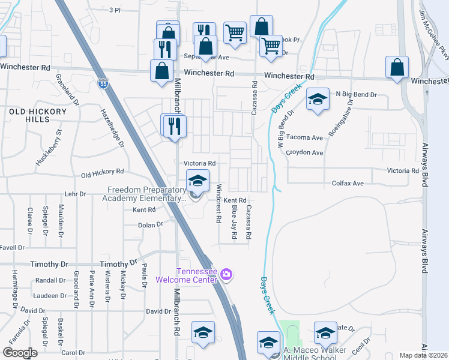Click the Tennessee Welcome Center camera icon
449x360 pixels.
point(226,275)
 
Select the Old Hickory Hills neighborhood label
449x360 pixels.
point(37,115)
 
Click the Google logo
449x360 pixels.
point(20,353)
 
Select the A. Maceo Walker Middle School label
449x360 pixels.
point(312,353)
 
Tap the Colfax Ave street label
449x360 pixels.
point(348,183)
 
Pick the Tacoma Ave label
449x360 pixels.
point(304,137)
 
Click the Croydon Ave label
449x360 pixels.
point(304,152)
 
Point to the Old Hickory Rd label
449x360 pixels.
point(102,175)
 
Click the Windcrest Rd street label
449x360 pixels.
point(218,203)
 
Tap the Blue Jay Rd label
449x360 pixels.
point(234,221)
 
